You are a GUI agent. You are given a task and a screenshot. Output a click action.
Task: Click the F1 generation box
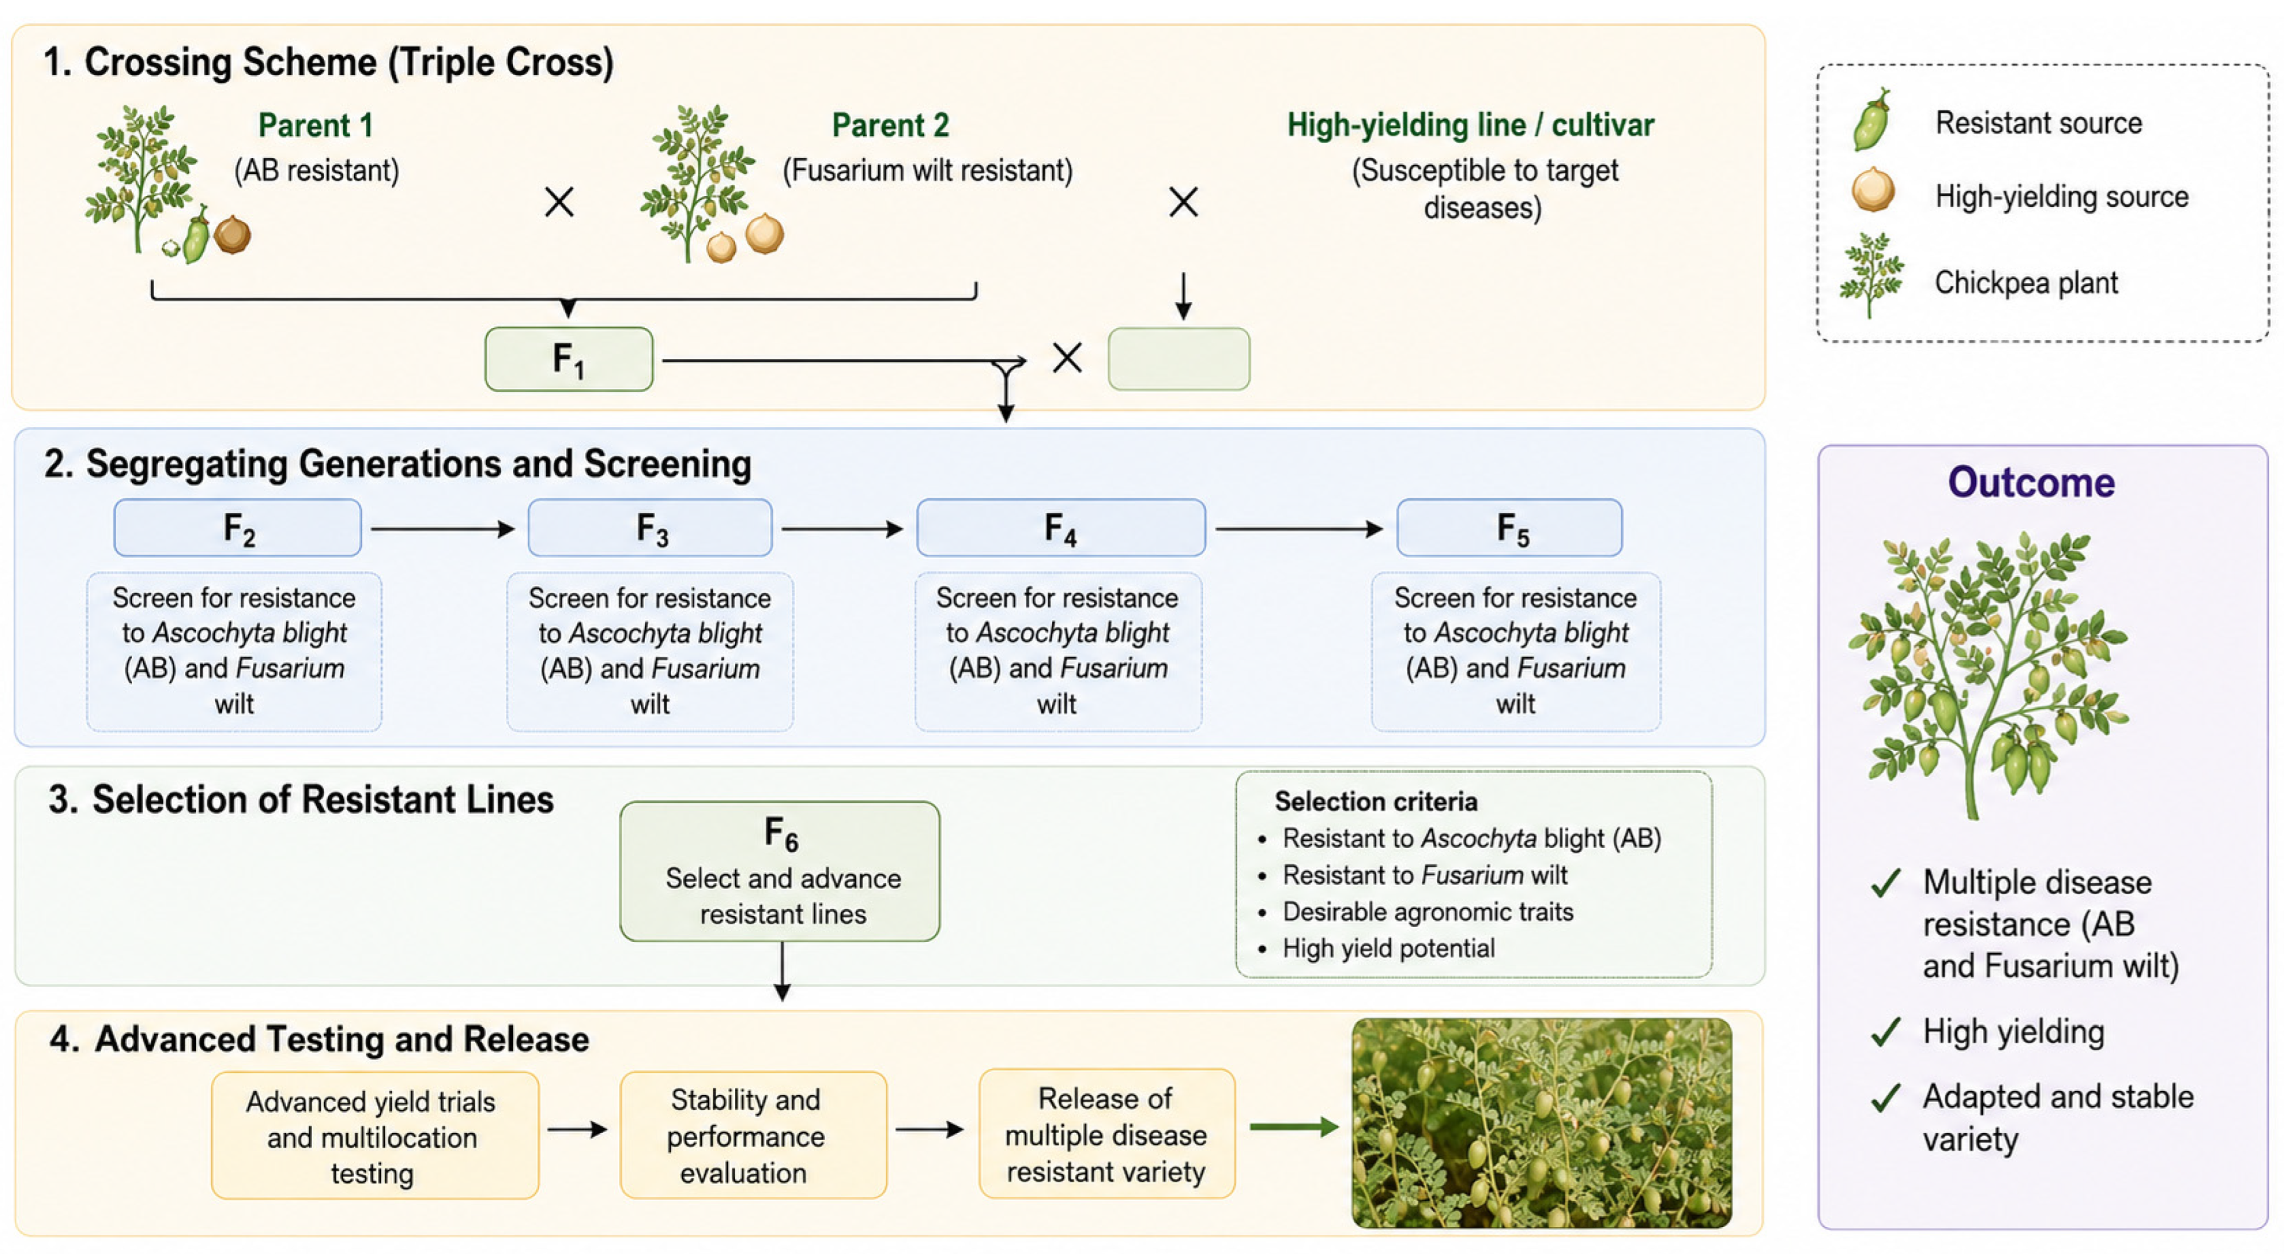point(568,359)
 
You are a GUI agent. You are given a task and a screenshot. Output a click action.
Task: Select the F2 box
point(238,528)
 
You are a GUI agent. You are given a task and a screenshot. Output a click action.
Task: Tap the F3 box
point(650,528)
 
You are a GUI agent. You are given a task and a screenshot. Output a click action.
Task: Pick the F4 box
point(1061,528)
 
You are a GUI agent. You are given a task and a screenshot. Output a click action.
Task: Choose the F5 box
point(1510,528)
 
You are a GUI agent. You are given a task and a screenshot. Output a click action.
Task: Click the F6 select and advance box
point(780,871)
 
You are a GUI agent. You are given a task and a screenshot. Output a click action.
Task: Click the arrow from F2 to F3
point(443,529)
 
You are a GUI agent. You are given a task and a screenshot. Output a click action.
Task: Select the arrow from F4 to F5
point(1300,529)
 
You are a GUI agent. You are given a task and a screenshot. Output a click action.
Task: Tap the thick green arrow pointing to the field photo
point(1294,1127)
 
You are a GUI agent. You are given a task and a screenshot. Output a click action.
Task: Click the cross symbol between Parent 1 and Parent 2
point(559,202)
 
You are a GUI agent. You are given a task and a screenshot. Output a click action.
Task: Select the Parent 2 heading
point(890,126)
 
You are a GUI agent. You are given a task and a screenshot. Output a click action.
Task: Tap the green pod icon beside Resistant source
point(1873,120)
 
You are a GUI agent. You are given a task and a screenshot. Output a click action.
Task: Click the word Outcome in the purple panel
point(2032,483)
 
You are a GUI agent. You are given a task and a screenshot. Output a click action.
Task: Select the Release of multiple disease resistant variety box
point(1106,1134)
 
